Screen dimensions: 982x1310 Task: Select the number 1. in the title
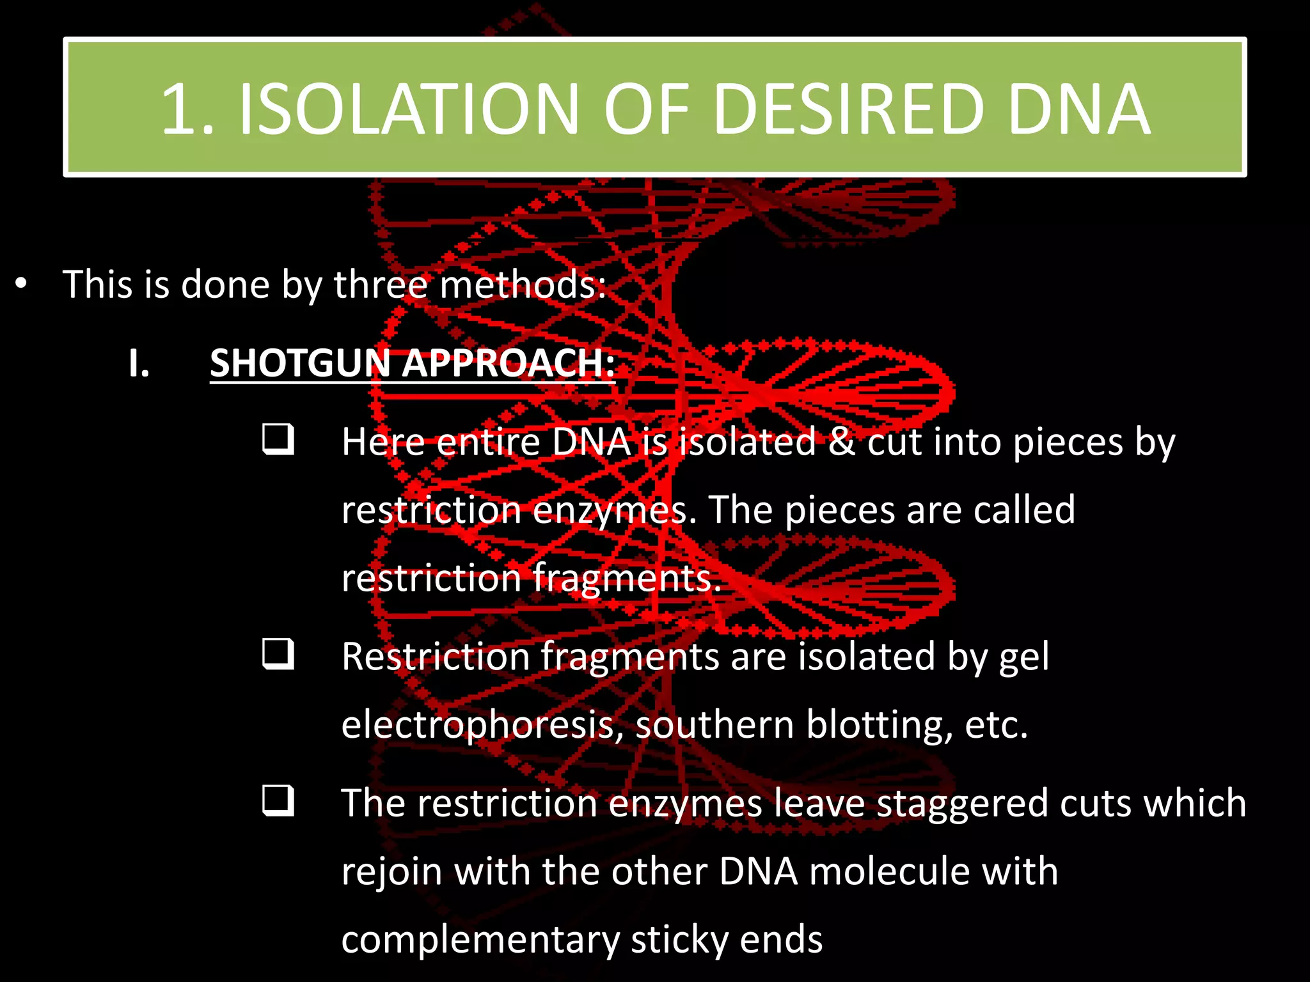(187, 110)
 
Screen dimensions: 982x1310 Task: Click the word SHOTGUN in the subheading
(300, 363)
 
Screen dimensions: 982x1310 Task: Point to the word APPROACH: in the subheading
(508, 363)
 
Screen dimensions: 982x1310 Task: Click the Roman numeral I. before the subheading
(139, 363)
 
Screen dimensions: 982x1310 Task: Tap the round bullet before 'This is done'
(21, 284)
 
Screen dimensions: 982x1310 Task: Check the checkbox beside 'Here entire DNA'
(278, 439)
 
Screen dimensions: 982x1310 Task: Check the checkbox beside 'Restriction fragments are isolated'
(278, 653)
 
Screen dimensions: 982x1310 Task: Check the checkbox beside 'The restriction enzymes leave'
(278, 800)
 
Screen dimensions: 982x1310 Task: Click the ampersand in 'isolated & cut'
(842, 442)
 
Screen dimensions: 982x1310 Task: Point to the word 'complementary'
(480, 940)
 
